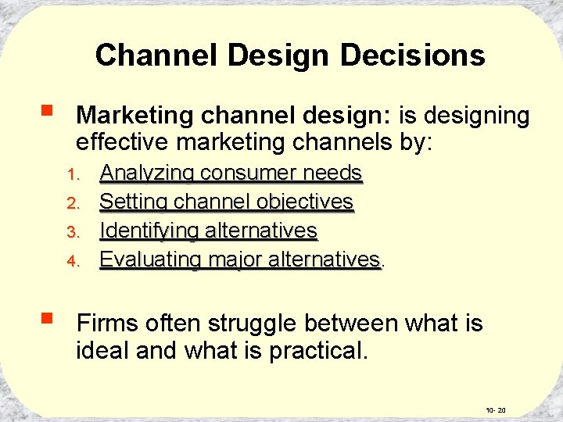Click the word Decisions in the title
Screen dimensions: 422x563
[x=413, y=55]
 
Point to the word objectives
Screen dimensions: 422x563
[x=307, y=202]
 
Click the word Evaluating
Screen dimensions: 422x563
[x=149, y=259]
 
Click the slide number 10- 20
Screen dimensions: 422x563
[x=496, y=409]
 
